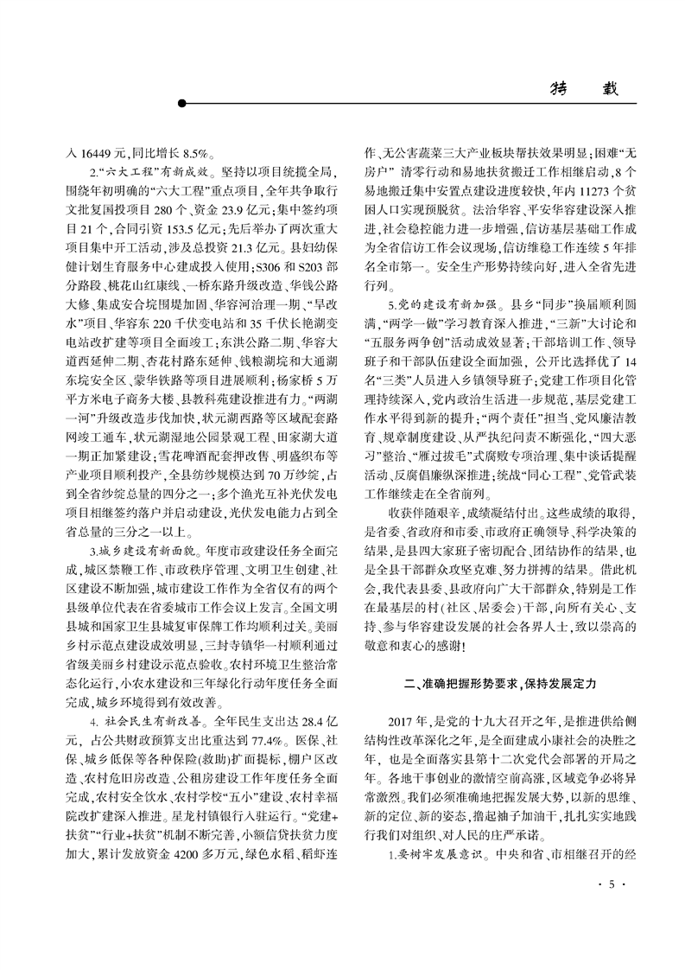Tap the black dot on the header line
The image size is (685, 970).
pos(182,105)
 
